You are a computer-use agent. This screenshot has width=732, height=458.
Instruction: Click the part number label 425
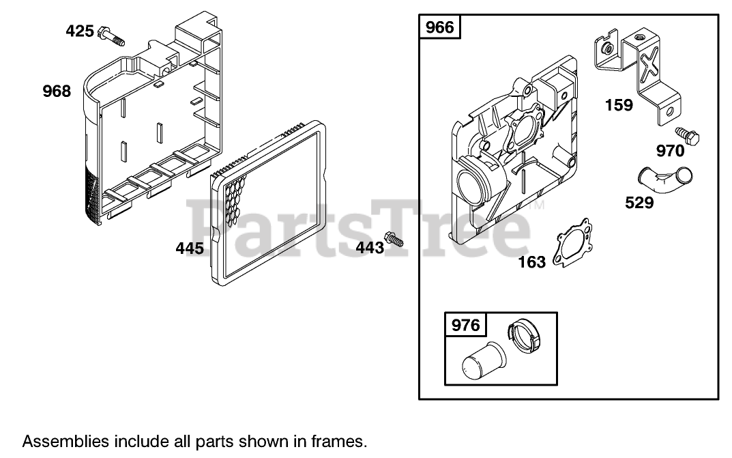[79, 31]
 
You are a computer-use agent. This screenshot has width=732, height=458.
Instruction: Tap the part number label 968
[56, 91]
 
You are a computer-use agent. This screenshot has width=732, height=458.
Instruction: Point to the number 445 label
[190, 248]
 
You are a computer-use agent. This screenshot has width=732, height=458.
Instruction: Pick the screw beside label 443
[394, 240]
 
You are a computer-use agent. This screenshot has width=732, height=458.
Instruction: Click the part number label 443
[370, 248]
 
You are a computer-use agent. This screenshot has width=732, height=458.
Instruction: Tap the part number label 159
[619, 105]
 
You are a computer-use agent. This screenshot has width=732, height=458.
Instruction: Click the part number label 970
[671, 150]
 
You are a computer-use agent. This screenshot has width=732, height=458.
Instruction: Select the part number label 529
[639, 203]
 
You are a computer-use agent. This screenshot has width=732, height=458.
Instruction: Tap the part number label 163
[531, 261]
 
